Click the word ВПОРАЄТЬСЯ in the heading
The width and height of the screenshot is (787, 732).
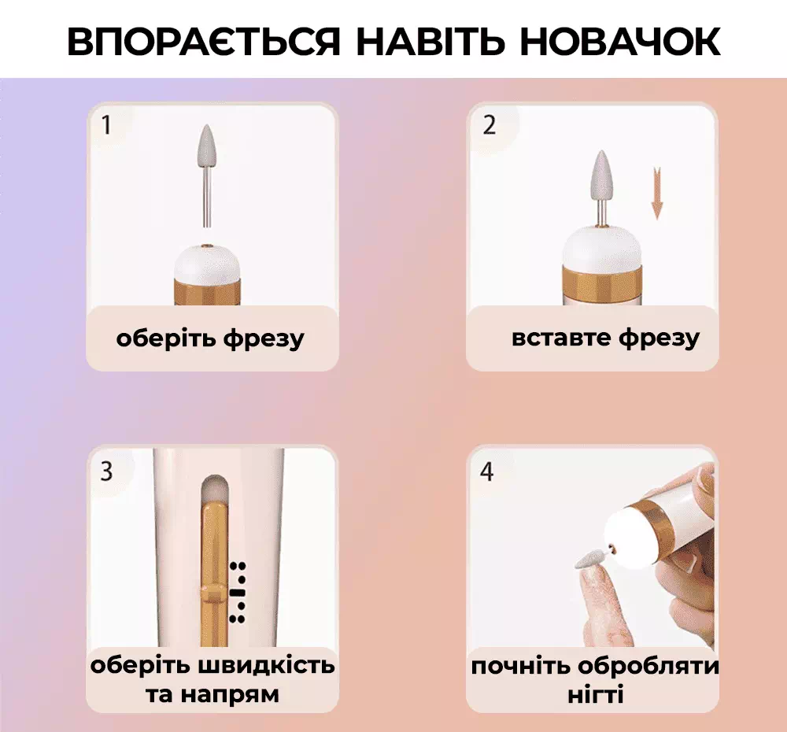[204, 41]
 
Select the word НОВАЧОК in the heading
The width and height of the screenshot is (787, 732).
[620, 41]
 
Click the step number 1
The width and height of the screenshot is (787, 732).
[106, 125]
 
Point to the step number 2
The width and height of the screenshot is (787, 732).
[489, 125]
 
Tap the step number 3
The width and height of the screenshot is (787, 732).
[106, 471]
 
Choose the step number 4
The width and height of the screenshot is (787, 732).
[487, 471]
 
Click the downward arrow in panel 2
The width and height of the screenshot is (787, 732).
[657, 194]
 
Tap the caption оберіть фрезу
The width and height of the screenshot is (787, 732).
[210, 339]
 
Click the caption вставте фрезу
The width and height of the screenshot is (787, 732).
[605, 338]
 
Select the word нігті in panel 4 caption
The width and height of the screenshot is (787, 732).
[596, 695]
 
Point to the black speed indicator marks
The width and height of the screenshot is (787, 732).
[238, 593]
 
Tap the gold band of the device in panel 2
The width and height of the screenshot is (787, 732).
[600, 284]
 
